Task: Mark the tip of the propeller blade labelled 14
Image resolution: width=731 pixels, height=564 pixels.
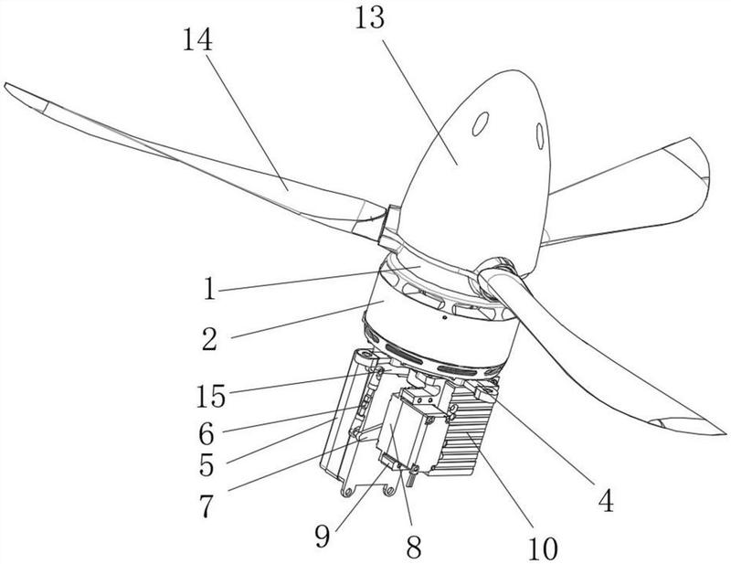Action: (7, 87)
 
